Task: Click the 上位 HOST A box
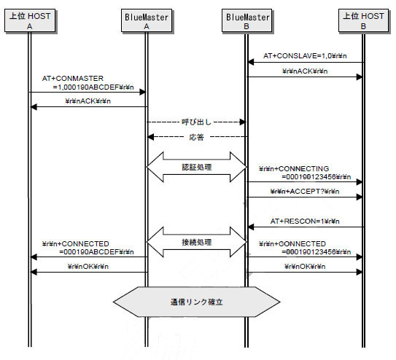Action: click(x=30, y=20)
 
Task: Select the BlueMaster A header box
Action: click(x=147, y=20)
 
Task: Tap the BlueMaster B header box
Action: click(x=247, y=20)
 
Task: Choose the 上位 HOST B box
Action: click(x=363, y=20)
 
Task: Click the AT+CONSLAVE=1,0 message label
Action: click(x=305, y=56)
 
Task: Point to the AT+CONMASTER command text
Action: click(x=88, y=83)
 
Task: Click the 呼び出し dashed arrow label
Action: click(x=196, y=122)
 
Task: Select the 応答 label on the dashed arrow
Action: click(x=196, y=137)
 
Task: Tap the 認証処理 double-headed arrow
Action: click(x=196, y=167)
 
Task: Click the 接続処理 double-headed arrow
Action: click(x=196, y=242)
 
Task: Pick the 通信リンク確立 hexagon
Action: click(x=196, y=302)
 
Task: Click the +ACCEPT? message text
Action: click(x=305, y=192)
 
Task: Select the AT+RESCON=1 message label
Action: click(x=305, y=222)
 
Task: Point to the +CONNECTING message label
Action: click(x=305, y=173)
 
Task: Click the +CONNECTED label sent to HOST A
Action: click(x=88, y=248)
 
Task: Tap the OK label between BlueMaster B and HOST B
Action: click(x=305, y=267)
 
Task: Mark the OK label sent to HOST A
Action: click(x=88, y=267)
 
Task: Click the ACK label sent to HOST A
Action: click(x=88, y=101)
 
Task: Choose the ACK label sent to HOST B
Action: click(x=305, y=71)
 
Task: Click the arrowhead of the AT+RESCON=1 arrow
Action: click(x=250, y=227)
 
